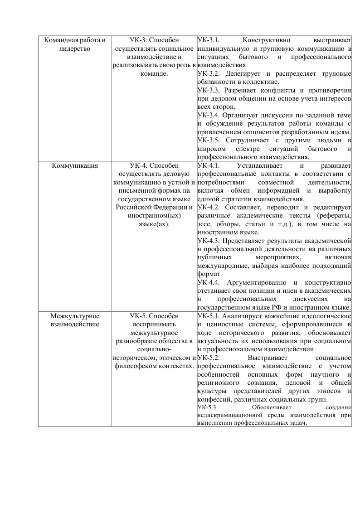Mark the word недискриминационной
click(229, 415)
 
